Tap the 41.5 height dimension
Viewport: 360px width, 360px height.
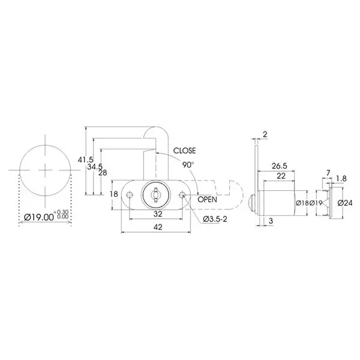point(85,160)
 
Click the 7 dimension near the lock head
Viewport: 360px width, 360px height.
point(328,173)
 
